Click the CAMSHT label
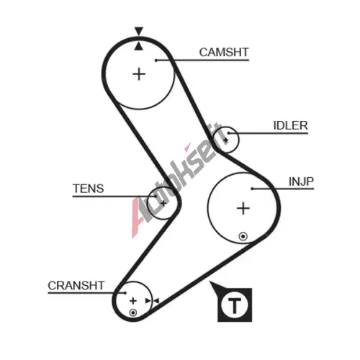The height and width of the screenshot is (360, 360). tap(224, 53)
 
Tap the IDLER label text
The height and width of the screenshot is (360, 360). tap(290, 125)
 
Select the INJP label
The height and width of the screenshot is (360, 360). tap(301, 181)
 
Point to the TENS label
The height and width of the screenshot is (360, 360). tap(89, 189)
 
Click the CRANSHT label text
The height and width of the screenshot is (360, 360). tap(76, 286)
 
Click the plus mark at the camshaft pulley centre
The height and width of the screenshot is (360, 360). tap(139, 74)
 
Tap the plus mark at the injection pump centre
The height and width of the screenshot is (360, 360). tap(243, 208)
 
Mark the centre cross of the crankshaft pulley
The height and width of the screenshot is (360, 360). tap(133, 301)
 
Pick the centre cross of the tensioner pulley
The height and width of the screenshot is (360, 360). tap(163, 204)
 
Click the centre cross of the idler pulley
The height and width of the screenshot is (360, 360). tap(225, 140)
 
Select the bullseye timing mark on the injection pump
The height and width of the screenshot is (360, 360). tap(243, 236)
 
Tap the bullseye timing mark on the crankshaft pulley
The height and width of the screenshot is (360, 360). tap(133, 312)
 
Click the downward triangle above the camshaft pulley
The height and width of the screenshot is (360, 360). tap(139, 31)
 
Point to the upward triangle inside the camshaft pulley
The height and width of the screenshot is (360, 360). tap(138, 46)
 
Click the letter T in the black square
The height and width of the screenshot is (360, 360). tap(235, 305)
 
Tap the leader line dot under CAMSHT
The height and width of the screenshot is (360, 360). tap(156, 60)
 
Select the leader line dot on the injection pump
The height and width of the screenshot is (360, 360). tap(252, 189)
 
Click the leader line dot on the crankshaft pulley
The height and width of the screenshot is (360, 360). tap(125, 293)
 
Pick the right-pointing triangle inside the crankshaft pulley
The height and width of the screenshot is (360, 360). tap(148, 301)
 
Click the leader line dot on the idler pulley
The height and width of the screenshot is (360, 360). tap(229, 133)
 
